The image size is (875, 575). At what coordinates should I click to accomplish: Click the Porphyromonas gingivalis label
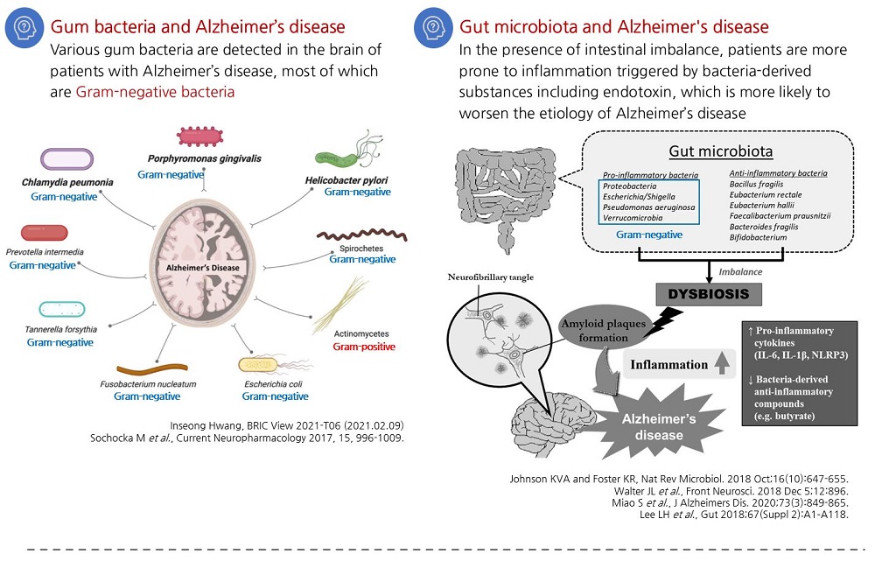click(x=205, y=159)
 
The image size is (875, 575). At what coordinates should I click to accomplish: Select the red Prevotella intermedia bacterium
click(x=44, y=233)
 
